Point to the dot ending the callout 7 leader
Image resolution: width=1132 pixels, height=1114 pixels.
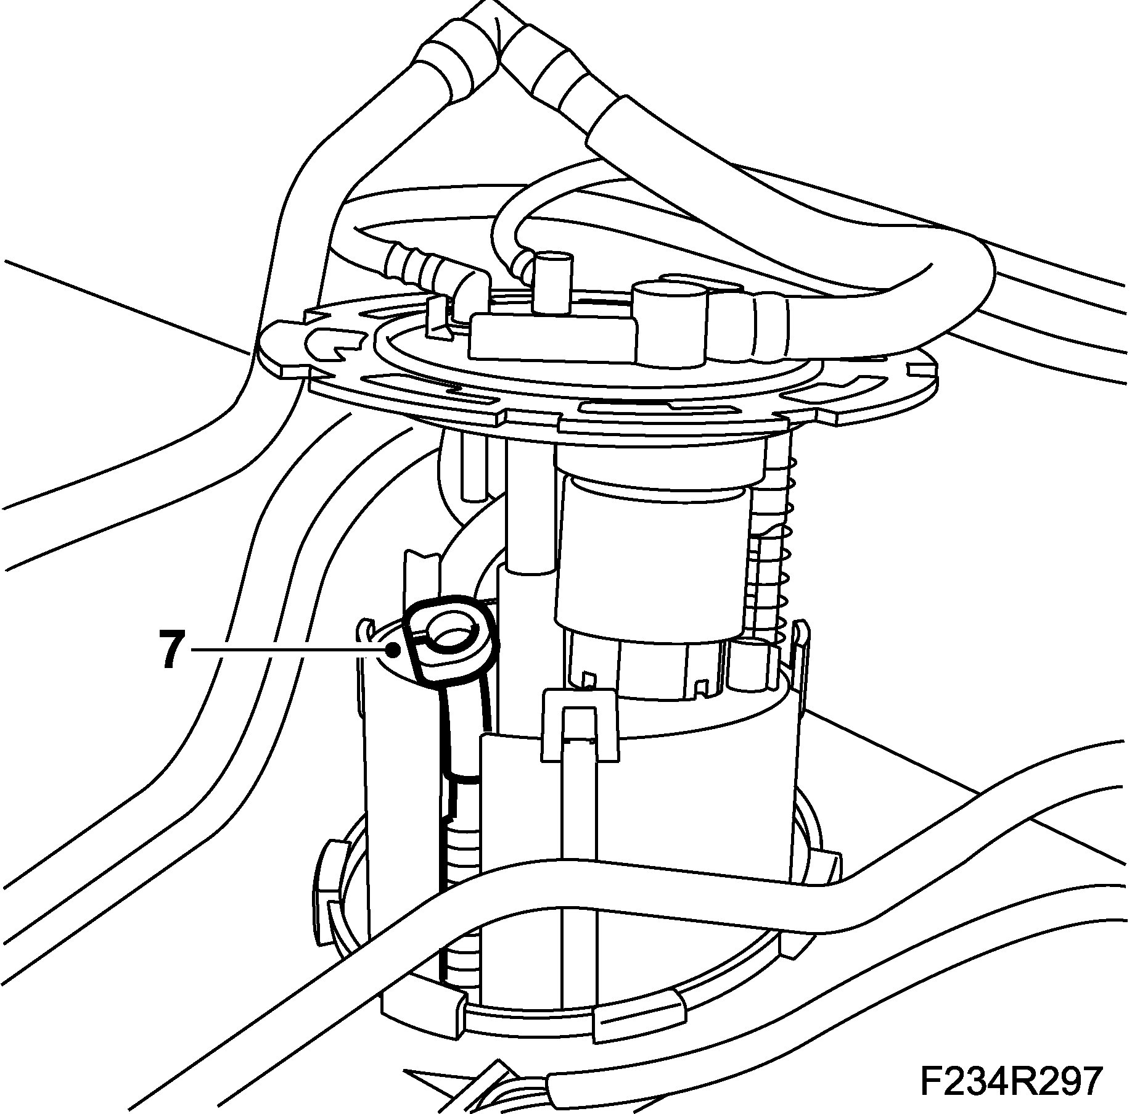click(x=393, y=649)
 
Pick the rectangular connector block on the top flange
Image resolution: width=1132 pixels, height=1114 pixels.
click(x=552, y=336)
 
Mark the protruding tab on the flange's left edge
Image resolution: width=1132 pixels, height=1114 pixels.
click(x=284, y=345)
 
